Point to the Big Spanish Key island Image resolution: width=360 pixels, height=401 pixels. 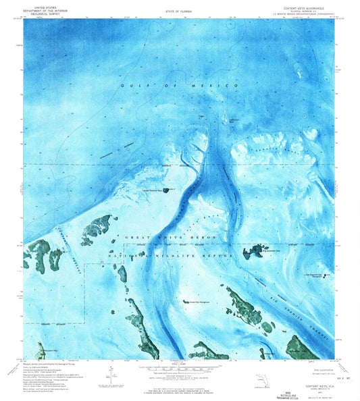(255, 252)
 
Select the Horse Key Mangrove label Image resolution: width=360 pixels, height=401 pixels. (200, 302)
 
